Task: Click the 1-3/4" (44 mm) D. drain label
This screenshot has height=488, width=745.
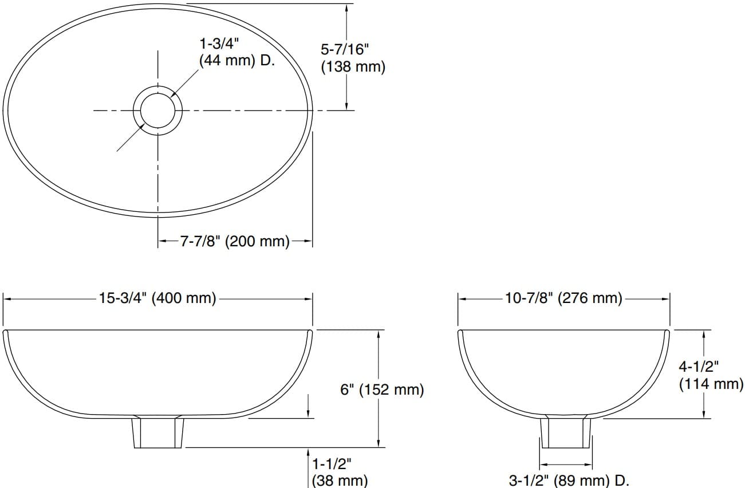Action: coord(236,52)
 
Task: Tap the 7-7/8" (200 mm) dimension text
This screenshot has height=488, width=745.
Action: coord(235,241)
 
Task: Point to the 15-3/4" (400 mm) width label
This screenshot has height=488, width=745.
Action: coord(158,298)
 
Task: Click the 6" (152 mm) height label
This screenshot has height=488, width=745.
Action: coord(382,390)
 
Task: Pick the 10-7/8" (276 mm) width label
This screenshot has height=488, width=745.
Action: coord(563,298)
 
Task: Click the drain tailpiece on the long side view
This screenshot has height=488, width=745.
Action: coord(158,432)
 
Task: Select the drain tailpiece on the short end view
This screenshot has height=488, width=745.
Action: coord(566,432)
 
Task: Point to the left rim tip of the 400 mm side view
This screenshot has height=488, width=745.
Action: coord(5,332)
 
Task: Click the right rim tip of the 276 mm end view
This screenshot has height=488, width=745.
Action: coord(667,332)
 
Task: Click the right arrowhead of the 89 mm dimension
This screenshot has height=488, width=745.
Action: coord(588,465)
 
